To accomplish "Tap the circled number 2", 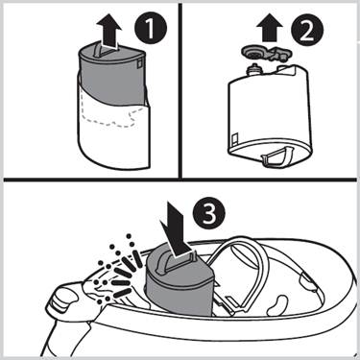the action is pyautogui.click(x=307, y=31).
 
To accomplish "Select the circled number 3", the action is pyautogui.click(x=209, y=213).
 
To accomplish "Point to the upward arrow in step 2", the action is pyautogui.click(x=269, y=28).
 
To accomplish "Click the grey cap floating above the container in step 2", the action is pyautogui.click(x=267, y=53).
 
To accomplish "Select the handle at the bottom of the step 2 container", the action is pyautogui.click(x=276, y=156).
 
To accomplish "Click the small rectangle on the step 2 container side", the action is pyautogui.click(x=234, y=138).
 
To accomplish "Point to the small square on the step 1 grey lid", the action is pyautogui.click(x=139, y=63).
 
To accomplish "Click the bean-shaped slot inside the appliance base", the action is pyautogui.click(x=278, y=306).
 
